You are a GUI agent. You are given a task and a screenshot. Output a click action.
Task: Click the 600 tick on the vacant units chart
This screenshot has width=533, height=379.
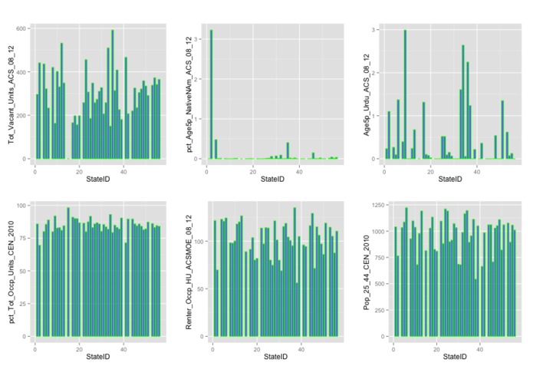click(x=21, y=28)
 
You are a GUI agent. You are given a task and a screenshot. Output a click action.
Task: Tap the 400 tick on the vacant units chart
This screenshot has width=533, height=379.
click(x=21, y=72)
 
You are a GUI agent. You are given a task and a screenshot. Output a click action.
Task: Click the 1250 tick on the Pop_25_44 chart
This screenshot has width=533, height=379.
click(x=378, y=206)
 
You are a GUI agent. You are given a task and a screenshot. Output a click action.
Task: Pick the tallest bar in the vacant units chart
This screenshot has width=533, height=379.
click(x=112, y=94)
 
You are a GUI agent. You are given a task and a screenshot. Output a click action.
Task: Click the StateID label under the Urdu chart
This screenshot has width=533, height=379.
click(x=451, y=179)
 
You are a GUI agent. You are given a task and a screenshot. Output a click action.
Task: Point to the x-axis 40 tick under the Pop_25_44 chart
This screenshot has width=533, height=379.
click(x=479, y=349)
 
